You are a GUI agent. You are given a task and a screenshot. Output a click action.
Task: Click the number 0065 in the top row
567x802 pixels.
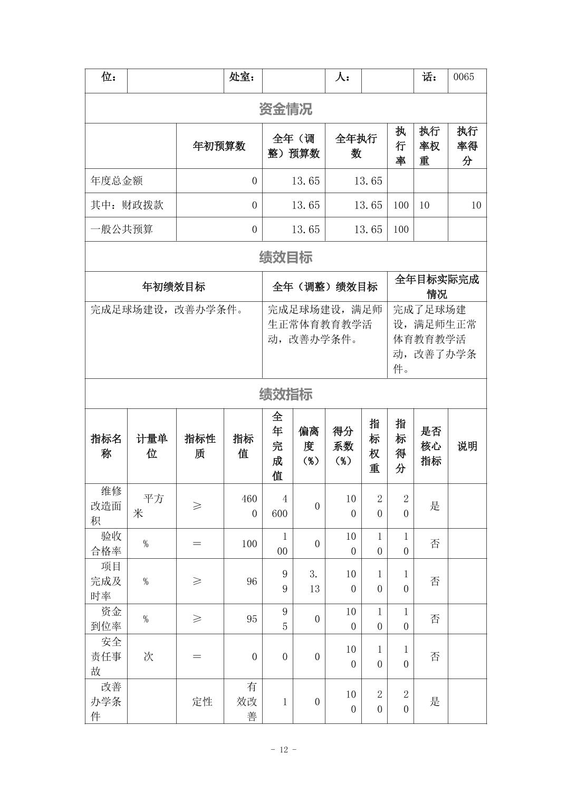point(464,77)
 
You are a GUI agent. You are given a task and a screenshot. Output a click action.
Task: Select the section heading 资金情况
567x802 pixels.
point(285,109)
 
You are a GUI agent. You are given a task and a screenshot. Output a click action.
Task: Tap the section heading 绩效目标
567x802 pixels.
point(285,257)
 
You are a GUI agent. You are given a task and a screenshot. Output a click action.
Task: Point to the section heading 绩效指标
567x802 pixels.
point(285,394)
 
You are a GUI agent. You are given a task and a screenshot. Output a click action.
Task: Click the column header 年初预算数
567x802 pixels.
point(219,146)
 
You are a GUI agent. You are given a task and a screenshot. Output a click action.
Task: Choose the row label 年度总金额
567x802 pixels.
point(117,181)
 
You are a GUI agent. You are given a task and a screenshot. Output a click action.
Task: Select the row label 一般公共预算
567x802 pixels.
point(122,230)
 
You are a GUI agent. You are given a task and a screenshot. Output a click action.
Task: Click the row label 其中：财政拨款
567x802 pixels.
point(127,205)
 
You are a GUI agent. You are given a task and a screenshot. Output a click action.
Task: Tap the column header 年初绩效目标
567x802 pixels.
point(174,287)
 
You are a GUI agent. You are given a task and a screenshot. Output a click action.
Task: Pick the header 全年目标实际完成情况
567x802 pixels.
point(437,287)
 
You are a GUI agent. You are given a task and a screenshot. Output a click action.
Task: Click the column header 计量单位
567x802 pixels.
point(151,446)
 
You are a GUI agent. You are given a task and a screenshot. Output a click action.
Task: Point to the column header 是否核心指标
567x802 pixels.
point(430,446)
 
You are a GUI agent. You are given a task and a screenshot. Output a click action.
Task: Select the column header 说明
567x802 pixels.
point(467,446)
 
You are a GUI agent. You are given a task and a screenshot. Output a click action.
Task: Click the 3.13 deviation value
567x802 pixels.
point(314,581)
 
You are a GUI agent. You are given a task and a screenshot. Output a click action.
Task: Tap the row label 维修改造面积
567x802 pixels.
point(106,506)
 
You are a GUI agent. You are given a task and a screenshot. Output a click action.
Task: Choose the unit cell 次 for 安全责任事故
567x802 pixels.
point(149,657)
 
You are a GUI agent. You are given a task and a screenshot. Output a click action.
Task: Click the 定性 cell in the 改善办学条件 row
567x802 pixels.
point(202,702)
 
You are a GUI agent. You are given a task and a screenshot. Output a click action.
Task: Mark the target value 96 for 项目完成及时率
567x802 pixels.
point(252,581)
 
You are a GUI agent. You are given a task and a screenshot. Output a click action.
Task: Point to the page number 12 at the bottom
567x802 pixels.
point(284,750)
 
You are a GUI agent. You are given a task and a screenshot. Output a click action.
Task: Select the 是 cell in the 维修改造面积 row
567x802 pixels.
point(435,507)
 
